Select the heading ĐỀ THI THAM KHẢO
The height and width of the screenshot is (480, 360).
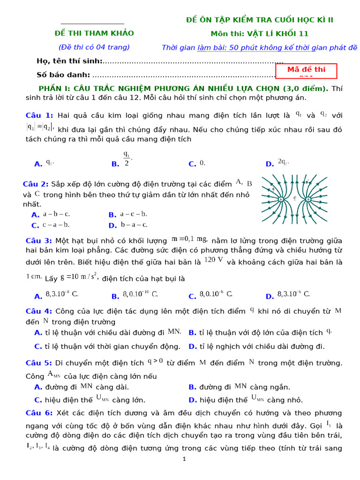click(94, 33)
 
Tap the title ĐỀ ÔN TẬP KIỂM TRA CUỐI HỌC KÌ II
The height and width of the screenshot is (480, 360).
click(260, 20)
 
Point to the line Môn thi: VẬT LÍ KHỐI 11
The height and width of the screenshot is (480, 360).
click(259, 34)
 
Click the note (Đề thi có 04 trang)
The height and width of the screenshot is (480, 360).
click(94, 47)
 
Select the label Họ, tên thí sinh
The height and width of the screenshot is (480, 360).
click(69, 61)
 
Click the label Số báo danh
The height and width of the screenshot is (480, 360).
click(63, 75)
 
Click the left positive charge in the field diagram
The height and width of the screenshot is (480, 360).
click(280, 199)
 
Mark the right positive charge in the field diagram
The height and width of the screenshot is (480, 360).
click(308, 199)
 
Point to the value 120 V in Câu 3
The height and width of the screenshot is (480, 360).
click(214, 260)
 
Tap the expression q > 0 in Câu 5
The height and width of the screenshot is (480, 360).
click(155, 361)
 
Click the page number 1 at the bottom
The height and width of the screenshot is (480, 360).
click(184, 459)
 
